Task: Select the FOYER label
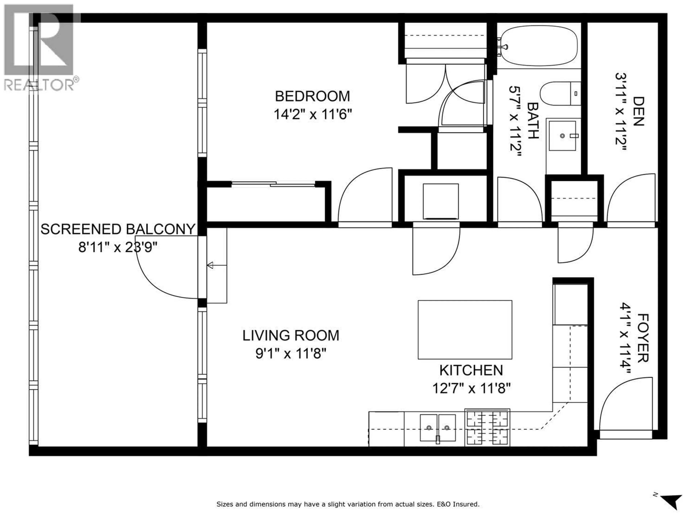[643, 338]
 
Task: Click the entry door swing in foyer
[622, 406]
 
